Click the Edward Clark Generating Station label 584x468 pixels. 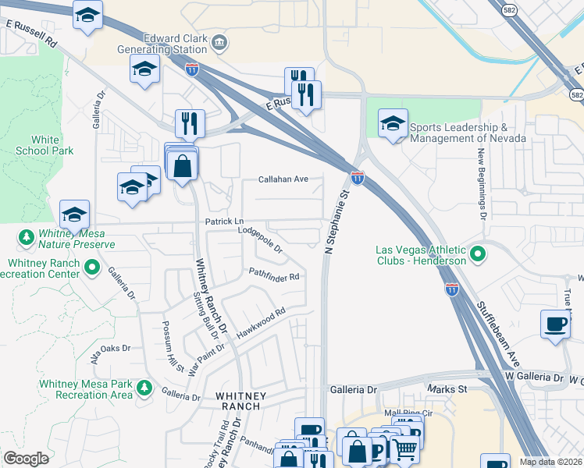pyautogui.click(x=176, y=43)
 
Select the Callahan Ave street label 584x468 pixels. pyautogui.click(x=283, y=179)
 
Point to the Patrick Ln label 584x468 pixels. pyautogui.click(x=224, y=222)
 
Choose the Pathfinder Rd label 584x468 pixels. pyautogui.click(x=274, y=275)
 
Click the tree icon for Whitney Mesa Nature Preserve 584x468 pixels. pyautogui.click(x=26, y=236)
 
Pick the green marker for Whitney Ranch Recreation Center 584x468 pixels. pyautogui.click(x=93, y=268)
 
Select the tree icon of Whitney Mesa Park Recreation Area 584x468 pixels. pyautogui.click(x=143, y=386)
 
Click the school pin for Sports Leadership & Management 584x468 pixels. pyautogui.click(x=393, y=123)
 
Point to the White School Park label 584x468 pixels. pyautogui.click(x=46, y=145)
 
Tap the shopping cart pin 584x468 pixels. pyautogui.click(x=404, y=448)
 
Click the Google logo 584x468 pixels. pyautogui.click(x=26, y=459)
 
